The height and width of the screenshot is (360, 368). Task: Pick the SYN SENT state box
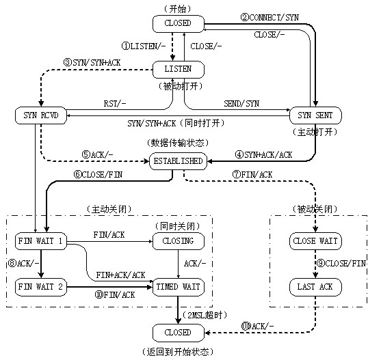pos(315,115)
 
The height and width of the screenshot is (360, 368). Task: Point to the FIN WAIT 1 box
pos(40,241)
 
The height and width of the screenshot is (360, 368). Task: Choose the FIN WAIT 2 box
pos(40,287)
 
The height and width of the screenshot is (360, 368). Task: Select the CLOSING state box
pos(178,241)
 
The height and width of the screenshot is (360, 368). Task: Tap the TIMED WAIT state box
pos(178,287)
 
